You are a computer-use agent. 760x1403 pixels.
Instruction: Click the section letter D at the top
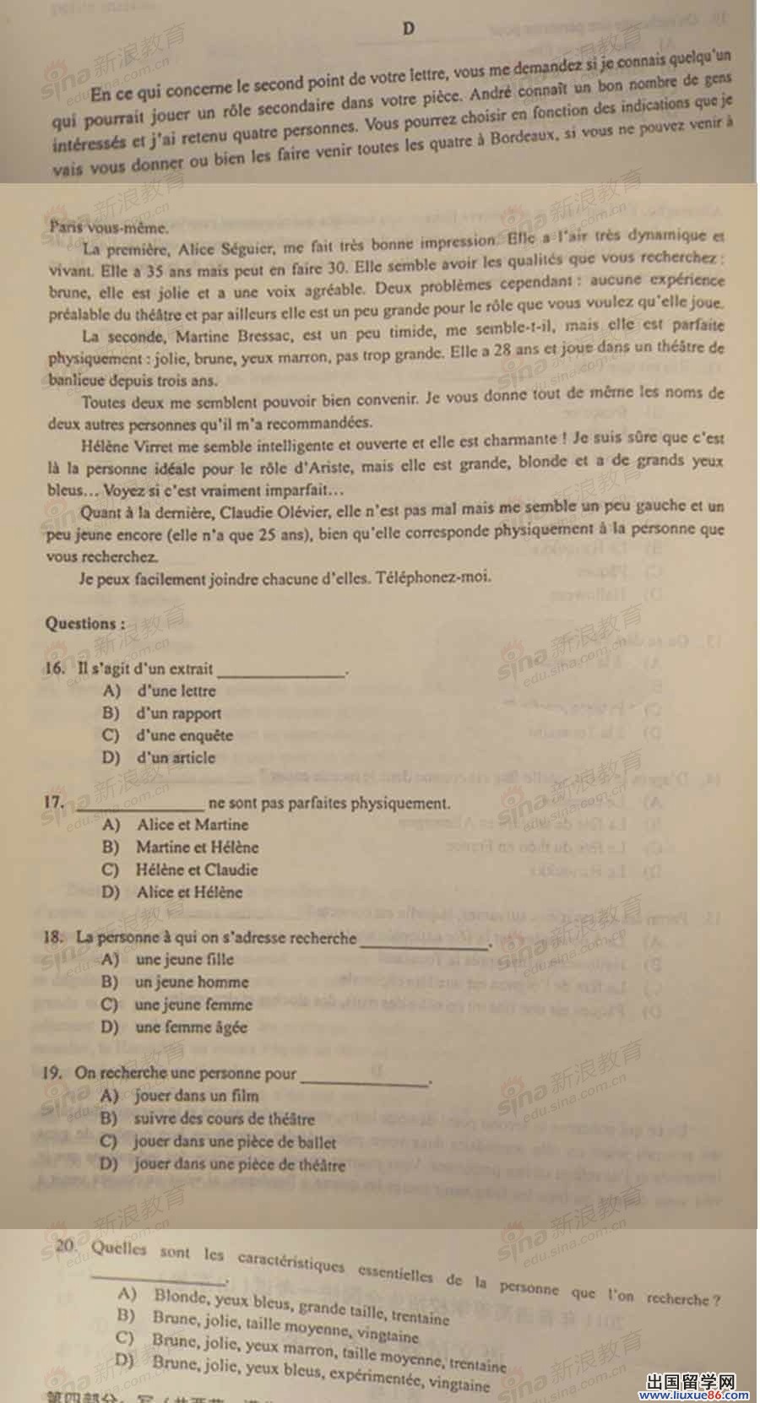tap(409, 29)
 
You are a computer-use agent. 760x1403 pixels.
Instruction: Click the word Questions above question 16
tap(84, 624)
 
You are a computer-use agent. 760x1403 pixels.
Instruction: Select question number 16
tap(55, 669)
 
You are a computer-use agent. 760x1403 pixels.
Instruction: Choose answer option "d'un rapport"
tap(178, 713)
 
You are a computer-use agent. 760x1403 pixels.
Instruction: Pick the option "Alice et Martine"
tap(193, 825)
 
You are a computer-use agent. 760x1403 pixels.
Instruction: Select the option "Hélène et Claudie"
tap(197, 869)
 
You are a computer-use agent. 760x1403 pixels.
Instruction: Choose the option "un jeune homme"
tap(192, 982)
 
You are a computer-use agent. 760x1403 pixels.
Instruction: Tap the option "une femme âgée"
tap(191, 1027)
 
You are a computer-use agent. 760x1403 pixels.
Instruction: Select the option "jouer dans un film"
tap(197, 1096)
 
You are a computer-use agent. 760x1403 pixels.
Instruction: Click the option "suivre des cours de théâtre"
tap(224, 1119)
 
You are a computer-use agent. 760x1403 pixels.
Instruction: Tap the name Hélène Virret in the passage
tap(127, 441)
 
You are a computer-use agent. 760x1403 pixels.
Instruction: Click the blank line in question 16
tap(281, 672)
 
